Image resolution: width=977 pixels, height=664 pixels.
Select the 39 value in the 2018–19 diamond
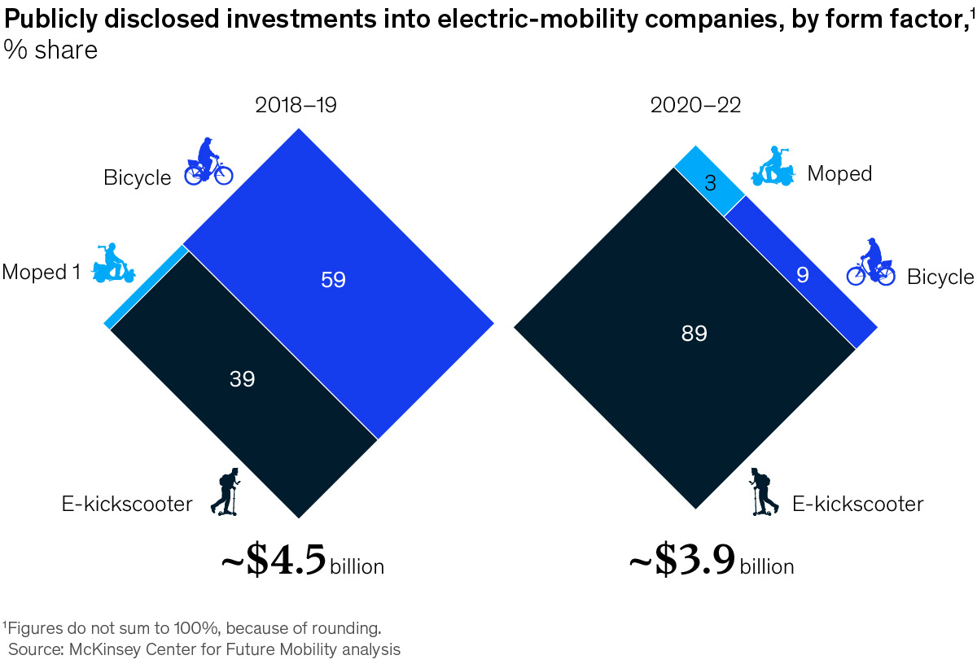coord(242,378)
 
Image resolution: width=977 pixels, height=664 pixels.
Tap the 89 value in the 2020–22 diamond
coord(694,333)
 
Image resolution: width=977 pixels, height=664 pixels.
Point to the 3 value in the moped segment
coord(710,183)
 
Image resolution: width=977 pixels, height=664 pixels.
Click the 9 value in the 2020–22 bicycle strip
coord(803,276)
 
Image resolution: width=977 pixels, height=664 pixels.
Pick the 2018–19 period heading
coord(296,105)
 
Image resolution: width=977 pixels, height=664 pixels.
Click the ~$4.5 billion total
coord(302,563)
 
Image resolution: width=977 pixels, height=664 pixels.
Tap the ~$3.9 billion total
coord(711,563)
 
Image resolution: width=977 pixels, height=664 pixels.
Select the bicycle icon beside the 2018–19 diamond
coord(208,162)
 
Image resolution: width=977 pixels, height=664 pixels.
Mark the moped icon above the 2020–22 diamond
coord(773,167)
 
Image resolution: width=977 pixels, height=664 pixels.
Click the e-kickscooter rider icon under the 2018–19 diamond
coord(225,491)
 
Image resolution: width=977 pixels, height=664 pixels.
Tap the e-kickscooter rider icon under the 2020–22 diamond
coord(763,491)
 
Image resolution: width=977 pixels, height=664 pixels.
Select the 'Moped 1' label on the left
coord(41,272)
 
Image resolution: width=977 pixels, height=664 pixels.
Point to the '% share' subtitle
coord(50,50)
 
